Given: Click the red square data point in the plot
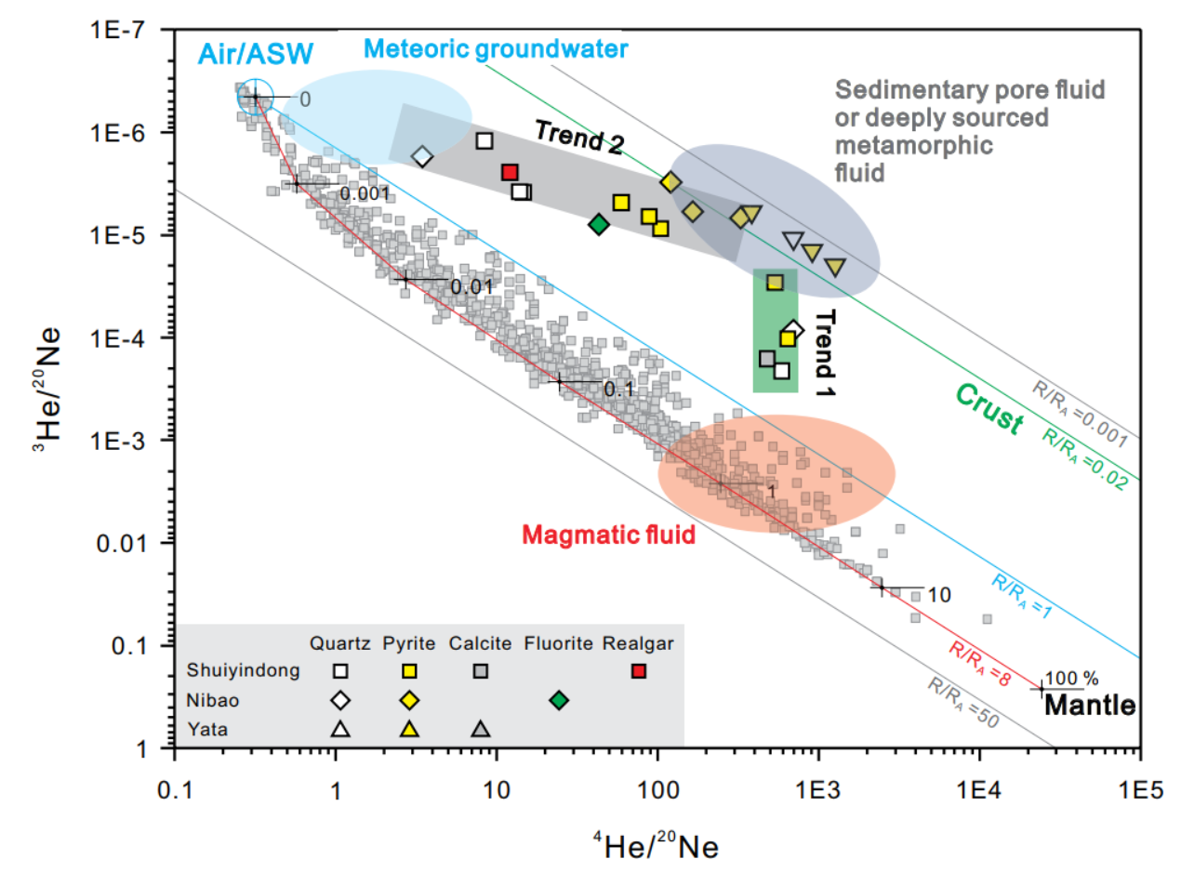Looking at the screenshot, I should click(509, 172).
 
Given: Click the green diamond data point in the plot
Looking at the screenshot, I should click(599, 223).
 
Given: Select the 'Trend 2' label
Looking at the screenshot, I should click(578, 136).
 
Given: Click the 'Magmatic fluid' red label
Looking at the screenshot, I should click(609, 535).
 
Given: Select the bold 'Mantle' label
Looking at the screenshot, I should click(1090, 707).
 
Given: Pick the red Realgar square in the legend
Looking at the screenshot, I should click(638, 671).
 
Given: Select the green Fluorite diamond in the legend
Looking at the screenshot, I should click(558, 700).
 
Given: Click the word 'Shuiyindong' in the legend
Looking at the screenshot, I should click(231, 671).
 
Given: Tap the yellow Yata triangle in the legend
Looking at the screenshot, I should click(408, 730).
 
